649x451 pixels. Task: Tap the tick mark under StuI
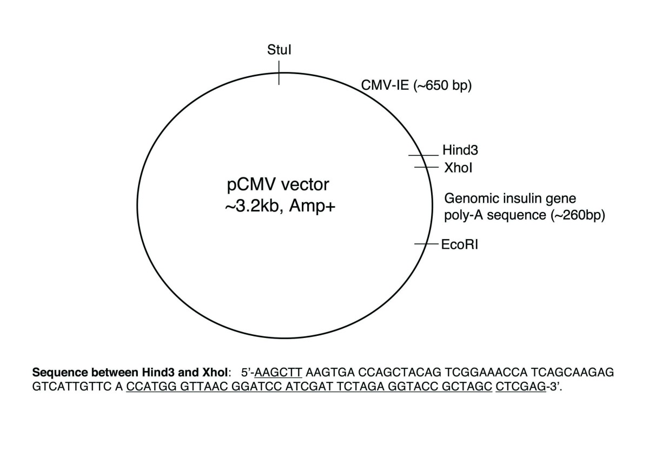(x=279, y=72)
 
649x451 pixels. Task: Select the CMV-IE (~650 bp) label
(x=416, y=85)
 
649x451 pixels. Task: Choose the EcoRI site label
(x=460, y=244)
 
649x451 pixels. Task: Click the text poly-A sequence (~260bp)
(x=524, y=215)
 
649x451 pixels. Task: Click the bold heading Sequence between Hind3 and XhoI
(x=132, y=373)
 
